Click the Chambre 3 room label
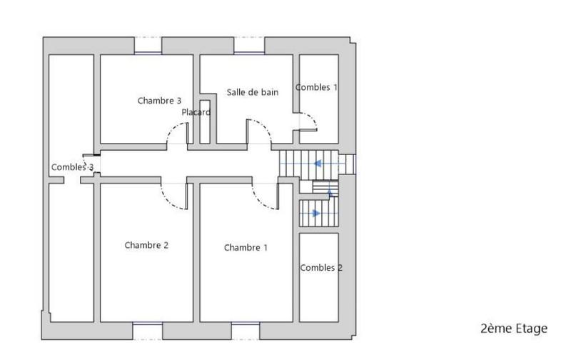point(154,101)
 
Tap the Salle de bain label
point(253,92)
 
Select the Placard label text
point(196,113)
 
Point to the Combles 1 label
point(317,87)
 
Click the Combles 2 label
point(321,268)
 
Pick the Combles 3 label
point(72,167)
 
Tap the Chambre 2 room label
point(146,245)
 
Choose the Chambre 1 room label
point(246,248)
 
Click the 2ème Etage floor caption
point(514,329)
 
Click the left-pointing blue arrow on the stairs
point(316,164)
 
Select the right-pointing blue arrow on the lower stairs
point(315,213)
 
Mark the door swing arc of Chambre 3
point(176,132)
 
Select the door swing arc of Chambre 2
point(176,196)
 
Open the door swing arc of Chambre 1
point(264,196)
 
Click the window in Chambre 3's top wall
point(148,49)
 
